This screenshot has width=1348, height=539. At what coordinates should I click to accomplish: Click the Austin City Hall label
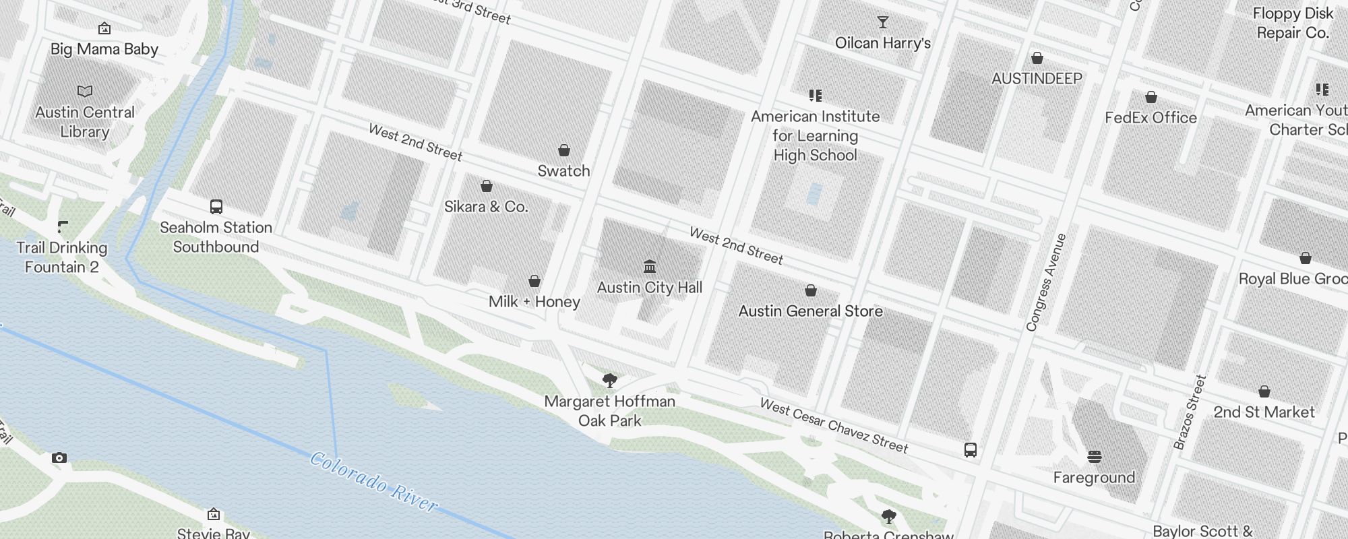coord(650,288)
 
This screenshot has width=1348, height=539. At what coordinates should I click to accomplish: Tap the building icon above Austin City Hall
coord(650,266)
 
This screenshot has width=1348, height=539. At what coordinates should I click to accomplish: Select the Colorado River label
coord(373,482)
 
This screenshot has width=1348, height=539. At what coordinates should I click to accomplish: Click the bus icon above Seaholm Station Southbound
coord(216,207)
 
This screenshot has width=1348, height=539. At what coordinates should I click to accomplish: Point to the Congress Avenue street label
coord(1045,282)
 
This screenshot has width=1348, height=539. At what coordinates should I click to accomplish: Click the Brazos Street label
coord(1189,412)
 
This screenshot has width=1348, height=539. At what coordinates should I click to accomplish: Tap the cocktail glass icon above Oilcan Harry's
coord(882,22)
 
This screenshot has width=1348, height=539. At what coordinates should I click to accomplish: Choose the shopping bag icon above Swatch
coord(564,150)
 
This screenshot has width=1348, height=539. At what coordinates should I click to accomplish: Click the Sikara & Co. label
coord(486,207)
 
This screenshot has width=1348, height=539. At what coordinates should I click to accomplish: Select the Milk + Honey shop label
coord(534,302)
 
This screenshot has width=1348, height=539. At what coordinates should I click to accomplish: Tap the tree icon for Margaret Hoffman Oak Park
coord(610,381)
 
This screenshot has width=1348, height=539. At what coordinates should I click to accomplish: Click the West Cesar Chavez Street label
coord(834,425)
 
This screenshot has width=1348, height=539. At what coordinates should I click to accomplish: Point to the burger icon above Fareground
coord(1095,457)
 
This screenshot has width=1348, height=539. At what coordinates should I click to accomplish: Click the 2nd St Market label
coord(1264,412)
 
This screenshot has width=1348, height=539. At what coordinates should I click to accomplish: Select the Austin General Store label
coord(810,311)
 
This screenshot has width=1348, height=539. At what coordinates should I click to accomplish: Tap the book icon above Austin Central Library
coord(85,91)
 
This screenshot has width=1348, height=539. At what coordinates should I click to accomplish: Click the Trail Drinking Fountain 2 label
coord(62,257)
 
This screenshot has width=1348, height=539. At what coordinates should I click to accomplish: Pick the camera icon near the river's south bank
coord(59,458)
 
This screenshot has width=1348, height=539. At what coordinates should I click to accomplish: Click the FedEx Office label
coord(1151,118)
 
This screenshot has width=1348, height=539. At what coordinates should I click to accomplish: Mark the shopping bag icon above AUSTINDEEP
coord(1037,59)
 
